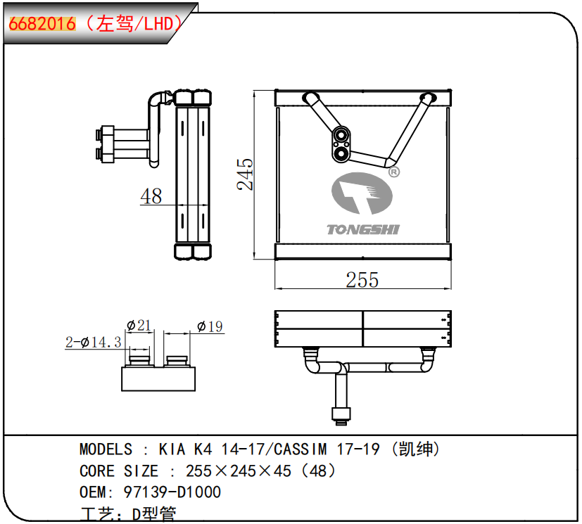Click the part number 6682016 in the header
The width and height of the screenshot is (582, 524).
pos(42,24)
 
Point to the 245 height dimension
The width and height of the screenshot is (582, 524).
pos(245,174)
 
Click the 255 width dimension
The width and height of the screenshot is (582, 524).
pos(362,280)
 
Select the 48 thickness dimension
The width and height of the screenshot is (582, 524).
pos(151,196)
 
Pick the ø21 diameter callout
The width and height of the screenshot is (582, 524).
pos(139,326)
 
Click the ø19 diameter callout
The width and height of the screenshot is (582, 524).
pos(210,327)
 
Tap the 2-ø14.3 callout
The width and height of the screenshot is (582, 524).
pos(93,342)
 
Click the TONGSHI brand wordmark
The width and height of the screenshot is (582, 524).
pos(363,229)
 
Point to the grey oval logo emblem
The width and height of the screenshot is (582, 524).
pos(362,193)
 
